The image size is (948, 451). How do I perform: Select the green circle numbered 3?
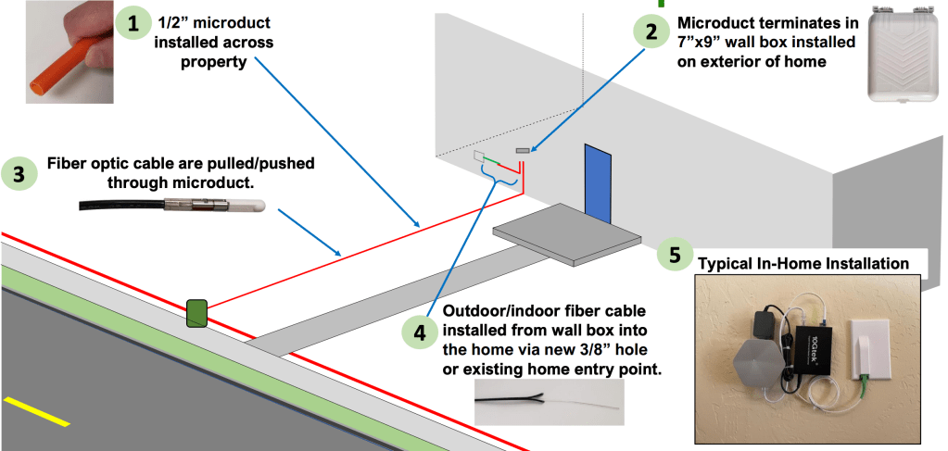tap(21, 174)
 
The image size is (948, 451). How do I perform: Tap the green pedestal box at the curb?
tap(197, 313)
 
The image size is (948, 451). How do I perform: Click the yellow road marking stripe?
tap(35, 411)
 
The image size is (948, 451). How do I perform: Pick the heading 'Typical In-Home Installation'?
tap(803, 264)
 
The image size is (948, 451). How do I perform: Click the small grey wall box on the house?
tap(522, 150)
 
